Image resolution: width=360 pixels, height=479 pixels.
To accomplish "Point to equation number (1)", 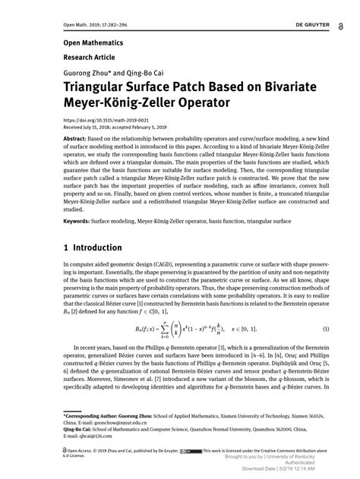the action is pos(325,328).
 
